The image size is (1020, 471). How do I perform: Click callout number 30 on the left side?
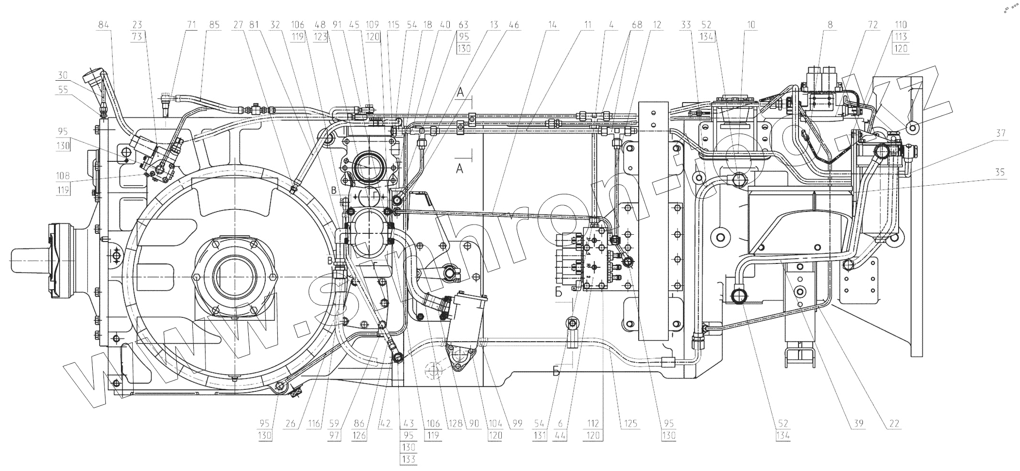pyautogui.click(x=62, y=75)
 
